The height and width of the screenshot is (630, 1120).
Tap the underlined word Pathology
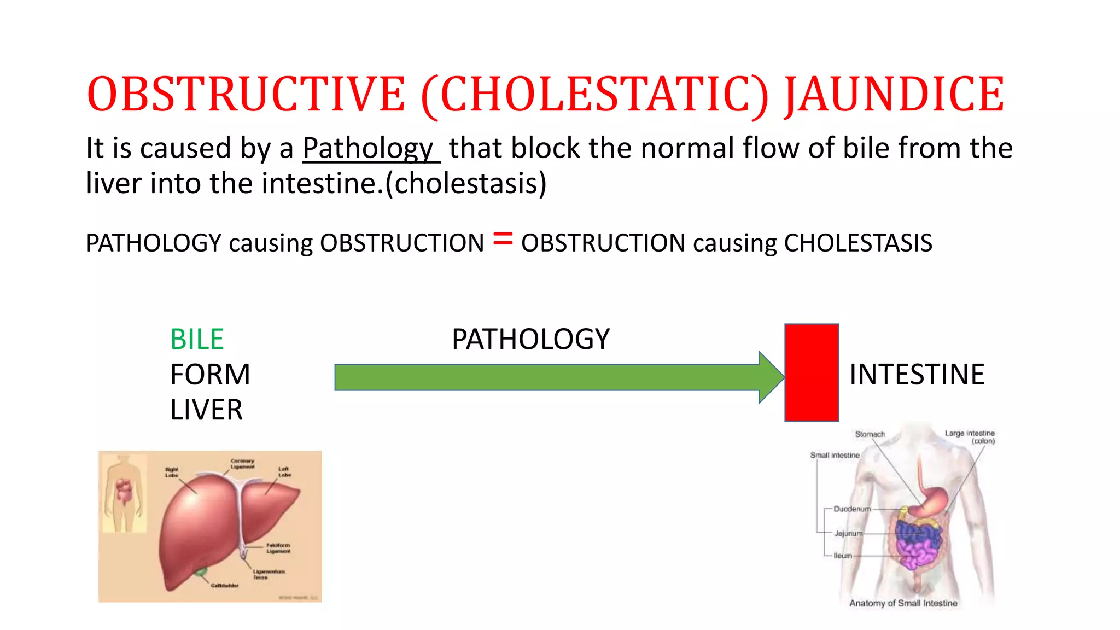368,148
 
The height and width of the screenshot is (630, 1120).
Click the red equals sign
503,239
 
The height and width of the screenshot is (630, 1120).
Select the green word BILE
197,339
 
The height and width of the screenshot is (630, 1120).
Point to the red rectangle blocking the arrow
812,372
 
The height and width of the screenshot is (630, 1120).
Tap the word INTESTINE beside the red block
917,375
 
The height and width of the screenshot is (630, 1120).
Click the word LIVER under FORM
206,410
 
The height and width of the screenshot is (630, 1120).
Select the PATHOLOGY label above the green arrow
530,339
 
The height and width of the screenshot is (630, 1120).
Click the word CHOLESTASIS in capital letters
858,243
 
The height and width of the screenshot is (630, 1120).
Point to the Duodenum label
852,509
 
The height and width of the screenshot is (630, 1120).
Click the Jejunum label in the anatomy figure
848,533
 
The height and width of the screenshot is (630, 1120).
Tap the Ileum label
843,556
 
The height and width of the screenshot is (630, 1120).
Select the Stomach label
870,434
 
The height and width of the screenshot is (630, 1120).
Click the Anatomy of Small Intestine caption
903,603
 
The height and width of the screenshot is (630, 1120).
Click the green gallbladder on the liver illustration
201,572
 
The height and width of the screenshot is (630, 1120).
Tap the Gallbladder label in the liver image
225,586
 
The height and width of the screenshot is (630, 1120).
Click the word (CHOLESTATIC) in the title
594,95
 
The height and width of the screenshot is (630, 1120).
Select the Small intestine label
835,455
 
